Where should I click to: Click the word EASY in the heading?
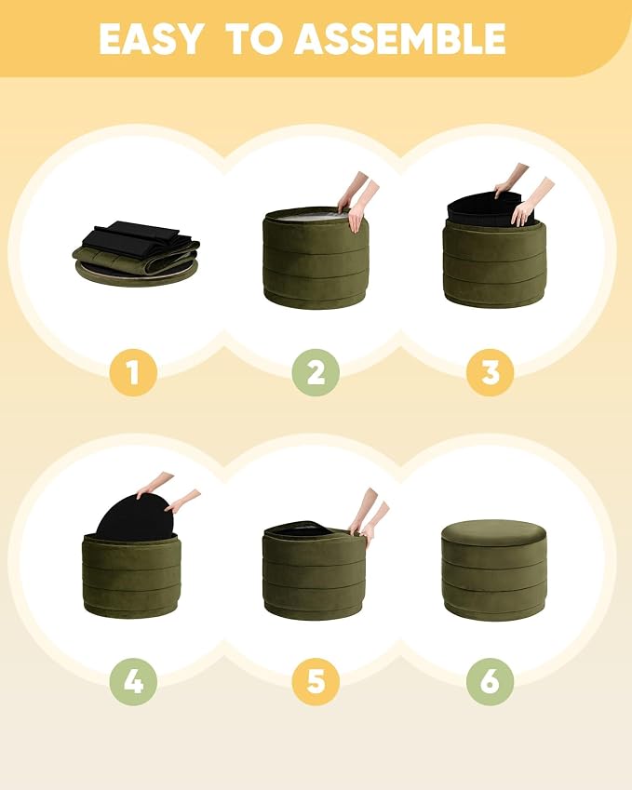(x=151, y=39)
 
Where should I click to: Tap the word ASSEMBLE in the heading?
(x=399, y=39)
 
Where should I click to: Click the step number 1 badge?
(x=133, y=372)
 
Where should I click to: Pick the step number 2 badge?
(x=316, y=372)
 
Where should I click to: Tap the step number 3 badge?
(x=490, y=372)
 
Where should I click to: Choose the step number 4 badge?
(x=133, y=682)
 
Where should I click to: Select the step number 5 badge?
(x=316, y=682)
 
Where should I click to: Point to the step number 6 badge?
(x=490, y=682)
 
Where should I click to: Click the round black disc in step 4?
(x=135, y=516)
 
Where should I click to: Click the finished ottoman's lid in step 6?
(x=494, y=533)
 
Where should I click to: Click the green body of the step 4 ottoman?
(x=132, y=576)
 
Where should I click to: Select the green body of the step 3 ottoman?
(x=494, y=264)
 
